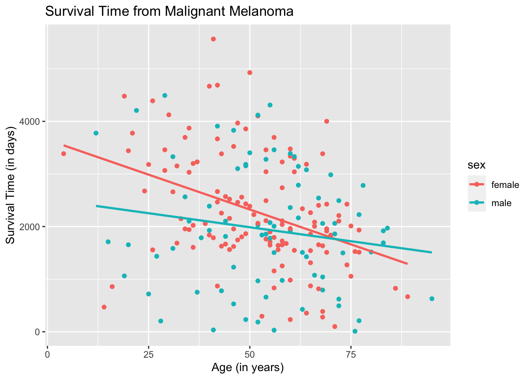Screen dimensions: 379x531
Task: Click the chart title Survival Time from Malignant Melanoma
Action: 169,12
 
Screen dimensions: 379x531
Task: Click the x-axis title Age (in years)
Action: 248,368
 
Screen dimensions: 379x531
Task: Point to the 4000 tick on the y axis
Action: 32,121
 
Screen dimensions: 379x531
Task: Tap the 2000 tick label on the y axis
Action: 32,227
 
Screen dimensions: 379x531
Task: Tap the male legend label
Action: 501,203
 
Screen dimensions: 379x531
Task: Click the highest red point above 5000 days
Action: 213,39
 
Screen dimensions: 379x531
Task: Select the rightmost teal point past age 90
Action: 432,299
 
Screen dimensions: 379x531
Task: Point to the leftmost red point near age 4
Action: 64,154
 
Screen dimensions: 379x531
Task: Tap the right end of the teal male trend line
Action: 431,252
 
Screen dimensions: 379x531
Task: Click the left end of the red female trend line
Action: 64,145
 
